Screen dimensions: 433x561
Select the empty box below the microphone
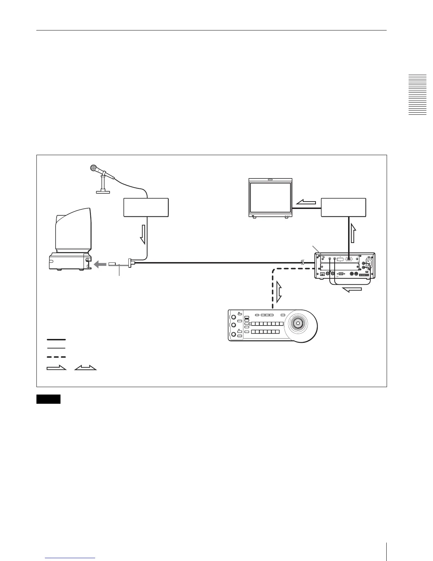click(146, 208)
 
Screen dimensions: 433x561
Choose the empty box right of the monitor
click(343, 208)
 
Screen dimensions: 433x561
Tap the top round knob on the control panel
click(233, 316)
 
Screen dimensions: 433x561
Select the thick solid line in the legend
click(56, 340)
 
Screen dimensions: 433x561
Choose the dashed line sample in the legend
click(56, 357)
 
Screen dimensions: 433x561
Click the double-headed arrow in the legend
click(85, 368)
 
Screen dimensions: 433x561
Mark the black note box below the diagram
click(48, 399)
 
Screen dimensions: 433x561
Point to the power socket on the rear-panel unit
click(368, 263)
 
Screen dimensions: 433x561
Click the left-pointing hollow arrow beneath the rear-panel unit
click(352, 290)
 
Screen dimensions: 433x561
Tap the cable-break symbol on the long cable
click(302, 263)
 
